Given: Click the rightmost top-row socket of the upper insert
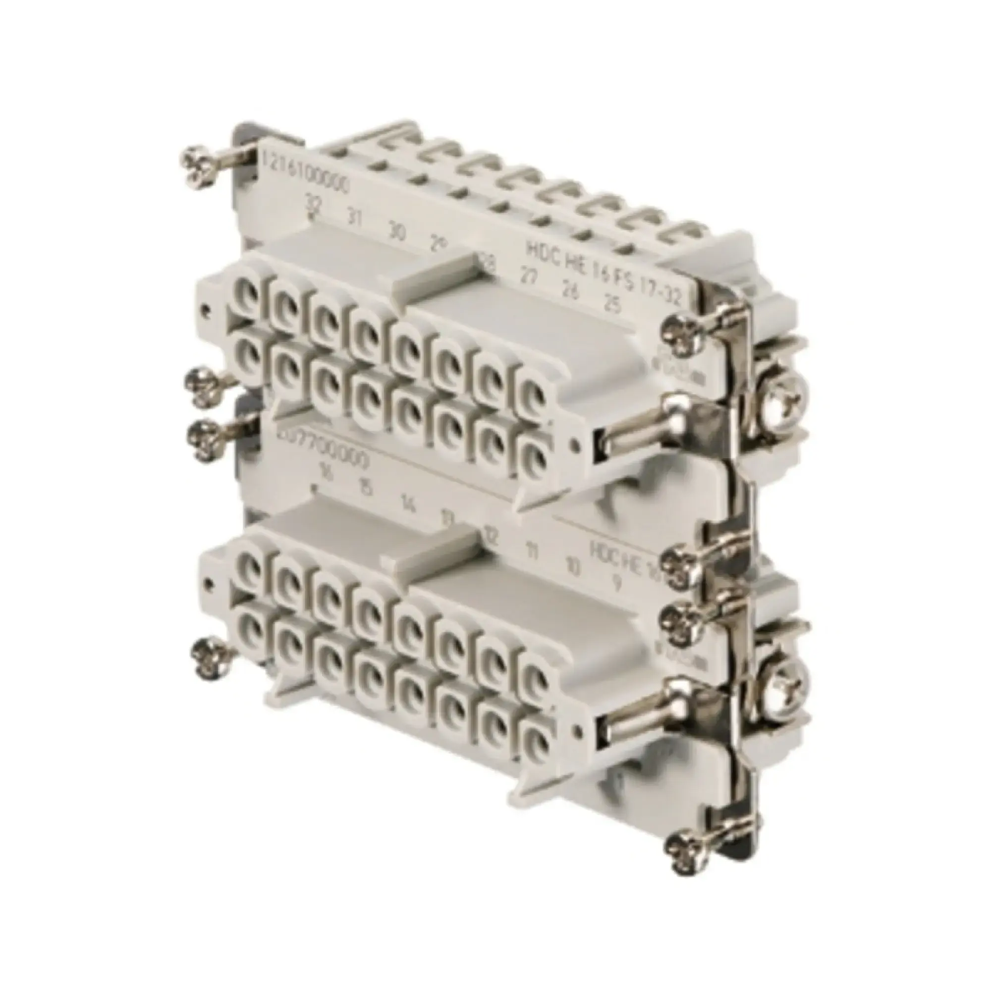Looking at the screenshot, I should tap(530, 391).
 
